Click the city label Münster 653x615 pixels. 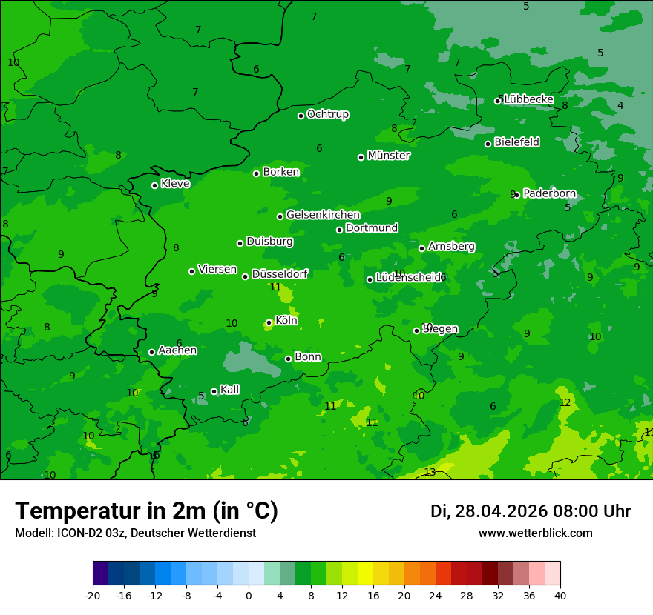389,156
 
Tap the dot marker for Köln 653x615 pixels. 269,322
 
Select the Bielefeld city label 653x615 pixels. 516,142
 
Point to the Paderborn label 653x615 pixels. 549,193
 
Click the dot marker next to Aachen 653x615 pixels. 151,352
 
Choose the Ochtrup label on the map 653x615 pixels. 328,114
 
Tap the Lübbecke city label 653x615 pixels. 528,99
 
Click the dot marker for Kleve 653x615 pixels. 154,185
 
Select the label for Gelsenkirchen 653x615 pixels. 323,215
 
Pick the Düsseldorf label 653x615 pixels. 280,274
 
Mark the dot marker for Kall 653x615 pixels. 214,391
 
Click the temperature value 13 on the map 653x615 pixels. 430,472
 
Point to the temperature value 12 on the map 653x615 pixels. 565,402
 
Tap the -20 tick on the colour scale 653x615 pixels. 93,595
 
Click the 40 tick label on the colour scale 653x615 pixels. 560,595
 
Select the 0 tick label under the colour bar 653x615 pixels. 249,595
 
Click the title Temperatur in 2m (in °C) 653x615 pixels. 146,511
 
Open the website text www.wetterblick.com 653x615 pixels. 535,533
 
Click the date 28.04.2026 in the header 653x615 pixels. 501,511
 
